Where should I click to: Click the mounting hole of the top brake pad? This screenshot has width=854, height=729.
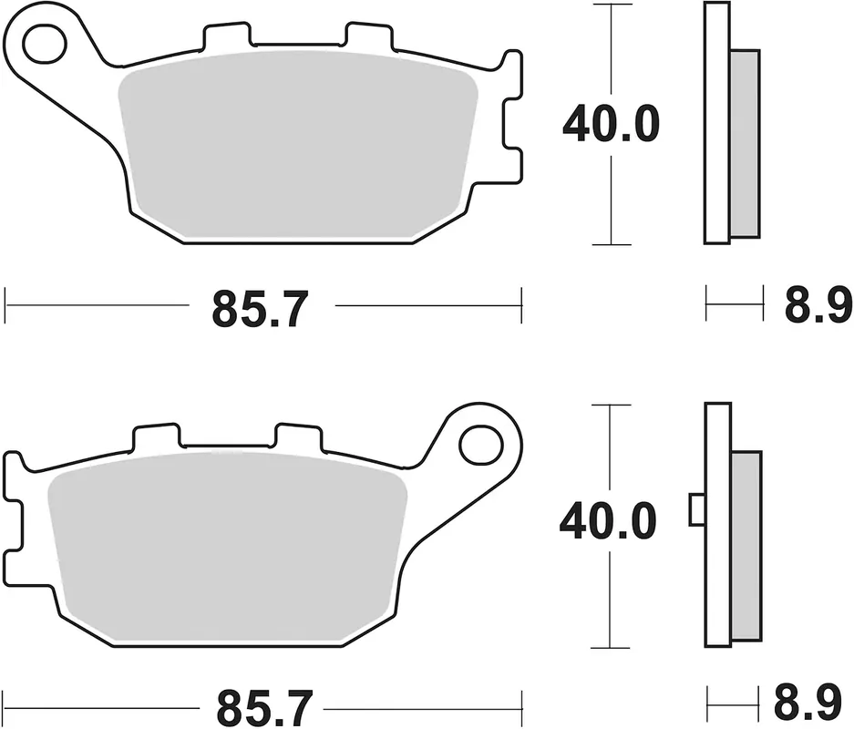[x=45, y=43]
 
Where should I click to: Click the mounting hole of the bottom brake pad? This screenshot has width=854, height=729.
[x=480, y=445]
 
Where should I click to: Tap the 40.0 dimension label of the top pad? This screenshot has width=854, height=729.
[x=611, y=125]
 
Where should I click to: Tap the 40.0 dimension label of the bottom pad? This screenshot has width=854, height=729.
[x=608, y=521]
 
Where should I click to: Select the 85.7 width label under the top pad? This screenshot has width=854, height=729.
[x=261, y=308]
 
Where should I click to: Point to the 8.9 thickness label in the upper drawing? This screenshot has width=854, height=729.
[x=818, y=305]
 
